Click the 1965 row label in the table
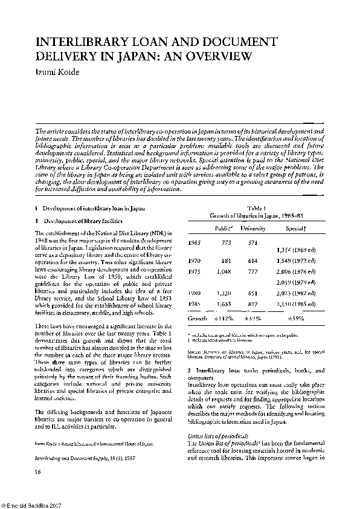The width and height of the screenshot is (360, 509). click(x=194, y=242)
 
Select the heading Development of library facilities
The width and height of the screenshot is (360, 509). click(x=73, y=221)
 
